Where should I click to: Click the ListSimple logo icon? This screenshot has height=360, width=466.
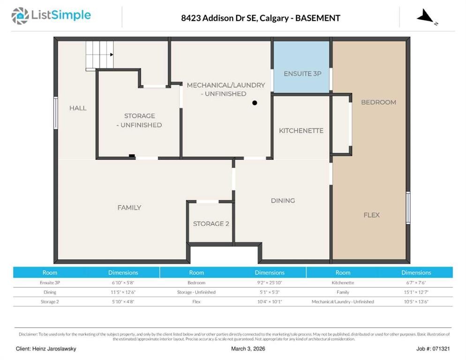pyautogui.click(x=20, y=16)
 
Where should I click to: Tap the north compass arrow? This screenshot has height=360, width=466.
pyautogui.click(x=426, y=17)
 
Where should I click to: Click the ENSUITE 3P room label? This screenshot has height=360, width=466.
pyautogui.click(x=302, y=74)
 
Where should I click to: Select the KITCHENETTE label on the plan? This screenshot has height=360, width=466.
pyautogui.click(x=301, y=131)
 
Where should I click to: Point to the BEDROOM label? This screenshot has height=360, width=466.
pyautogui.click(x=378, y=102)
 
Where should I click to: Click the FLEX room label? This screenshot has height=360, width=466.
pyautogui.click(x=371, y=215)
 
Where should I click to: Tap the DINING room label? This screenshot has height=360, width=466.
pyautogui.click(x=283, y=201)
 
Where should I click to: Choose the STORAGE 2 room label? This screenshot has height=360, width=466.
pyautogui.click(x=211, y=224)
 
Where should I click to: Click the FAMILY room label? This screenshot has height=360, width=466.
pyautogui.click(x=129, y=208)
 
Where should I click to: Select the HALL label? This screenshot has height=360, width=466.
pyautogui.click(x=78, y=108)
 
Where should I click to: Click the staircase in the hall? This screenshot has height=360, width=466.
pyautogui.click(x=99, y=55)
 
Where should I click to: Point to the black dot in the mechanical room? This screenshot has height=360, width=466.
pyautogui.click(x=255, y=103)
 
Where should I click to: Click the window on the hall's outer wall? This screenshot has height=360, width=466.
pyautogui.click(x=56, y=113)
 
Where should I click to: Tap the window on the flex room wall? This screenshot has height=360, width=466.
pyautogui.click(x=408, y=208)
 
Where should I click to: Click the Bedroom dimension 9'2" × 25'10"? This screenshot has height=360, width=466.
pyautogui.click(x=270, y=283)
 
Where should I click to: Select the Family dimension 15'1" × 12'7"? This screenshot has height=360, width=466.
pyautogui.click(x=416, y=292)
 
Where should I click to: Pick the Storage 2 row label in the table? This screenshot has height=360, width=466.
pyautogui.click(x=50, y=302)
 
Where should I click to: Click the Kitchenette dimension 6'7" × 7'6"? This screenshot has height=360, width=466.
pyautogui.click(x=416, y=283)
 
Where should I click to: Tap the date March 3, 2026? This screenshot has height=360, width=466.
pyautogui.click(x=248, y=349)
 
